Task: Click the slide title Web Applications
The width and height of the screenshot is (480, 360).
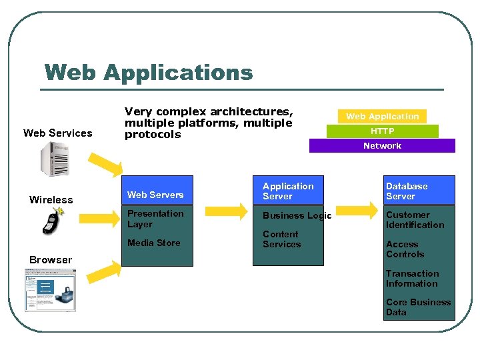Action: pos(148,72)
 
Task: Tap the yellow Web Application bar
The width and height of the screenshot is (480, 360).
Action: pos(382,116)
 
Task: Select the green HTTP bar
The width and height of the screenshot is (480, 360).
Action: pos(382,131)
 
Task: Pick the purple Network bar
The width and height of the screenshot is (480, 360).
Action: pos(382,145)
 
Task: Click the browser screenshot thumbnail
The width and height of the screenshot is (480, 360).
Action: pos(50,290)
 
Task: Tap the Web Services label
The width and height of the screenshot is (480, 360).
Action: pos(58,133)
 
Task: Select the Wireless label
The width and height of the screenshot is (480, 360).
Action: pos(51,200)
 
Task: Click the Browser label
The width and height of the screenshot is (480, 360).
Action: pos(51,260)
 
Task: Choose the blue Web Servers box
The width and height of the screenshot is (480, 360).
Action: pos(159,190)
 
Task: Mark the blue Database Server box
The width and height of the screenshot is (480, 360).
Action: pos(419,191)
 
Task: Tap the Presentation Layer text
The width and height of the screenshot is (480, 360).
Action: pos(155,219)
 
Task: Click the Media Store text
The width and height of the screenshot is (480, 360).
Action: pos(154,243)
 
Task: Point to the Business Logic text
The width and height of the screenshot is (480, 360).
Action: pos(297,215)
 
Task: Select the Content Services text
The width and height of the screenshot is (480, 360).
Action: pos(281,239)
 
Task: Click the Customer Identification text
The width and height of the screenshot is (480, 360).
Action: pos(415,220)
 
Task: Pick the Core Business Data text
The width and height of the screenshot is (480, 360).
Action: pos(418,307)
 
